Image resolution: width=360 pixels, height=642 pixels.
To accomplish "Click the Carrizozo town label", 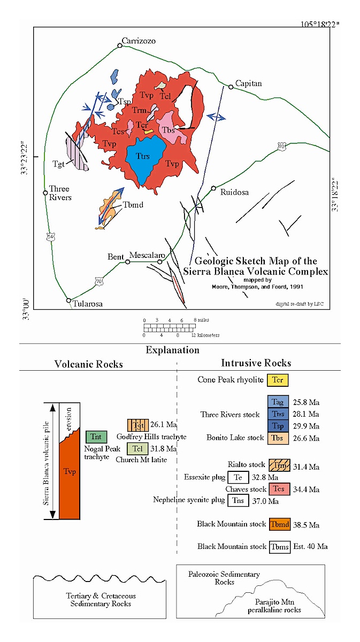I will [x=138, y=40].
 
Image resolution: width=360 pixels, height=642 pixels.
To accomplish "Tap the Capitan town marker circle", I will [x=231, y=87].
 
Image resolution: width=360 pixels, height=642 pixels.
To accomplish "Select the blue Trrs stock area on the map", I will [x=143, y=156].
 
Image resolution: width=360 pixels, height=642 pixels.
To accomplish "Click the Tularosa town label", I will [x=88, y=304].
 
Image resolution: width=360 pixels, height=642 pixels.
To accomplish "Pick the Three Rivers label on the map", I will [x=60, y=193].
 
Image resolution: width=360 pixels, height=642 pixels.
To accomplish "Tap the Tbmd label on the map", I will [x=133, y=205].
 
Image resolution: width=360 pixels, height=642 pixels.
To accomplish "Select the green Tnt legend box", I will [x=96, y=437].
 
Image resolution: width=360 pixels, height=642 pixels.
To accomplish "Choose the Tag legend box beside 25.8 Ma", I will [x=278, y=402].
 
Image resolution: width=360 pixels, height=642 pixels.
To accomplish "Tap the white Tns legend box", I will [x=238, y=501].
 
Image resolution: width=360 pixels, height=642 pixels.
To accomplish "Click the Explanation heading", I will [x=172, y=350].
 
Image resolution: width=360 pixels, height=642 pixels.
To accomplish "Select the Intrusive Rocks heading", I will [x=256, y=363].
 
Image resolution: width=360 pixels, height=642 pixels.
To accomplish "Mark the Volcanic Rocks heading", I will [x=89, y=364].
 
